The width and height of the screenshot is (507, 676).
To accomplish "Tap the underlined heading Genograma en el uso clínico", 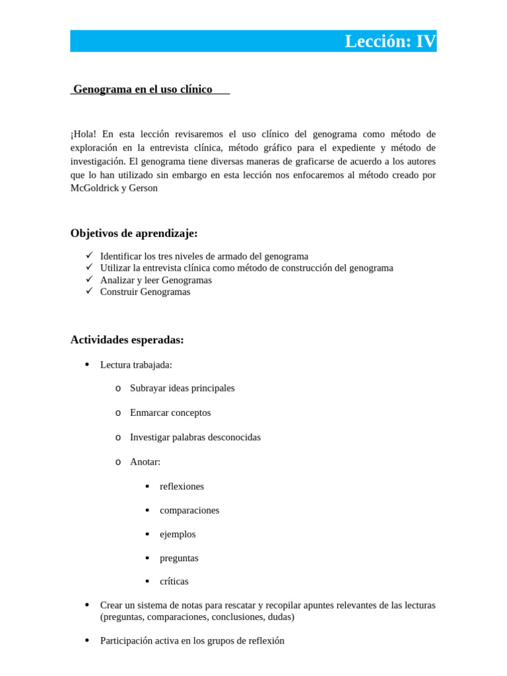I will click(x=143, y=89).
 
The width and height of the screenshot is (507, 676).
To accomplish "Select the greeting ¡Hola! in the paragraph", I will click(x=83, y=134).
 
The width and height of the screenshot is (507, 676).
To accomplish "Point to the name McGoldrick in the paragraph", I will click(x=95, y=187).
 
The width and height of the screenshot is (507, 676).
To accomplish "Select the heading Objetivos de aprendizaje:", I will click(x=134, y=233).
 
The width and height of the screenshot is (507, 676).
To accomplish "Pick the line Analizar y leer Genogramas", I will click(x=156, y=280).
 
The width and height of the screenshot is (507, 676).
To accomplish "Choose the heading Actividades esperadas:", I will click(x=127, y=340).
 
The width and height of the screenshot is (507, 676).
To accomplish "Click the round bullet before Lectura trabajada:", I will click(x=88, y=364).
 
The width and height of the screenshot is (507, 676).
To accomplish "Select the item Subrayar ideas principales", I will click(x=182, y=388).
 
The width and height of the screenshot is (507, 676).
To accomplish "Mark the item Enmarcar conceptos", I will click(x=170, y=413).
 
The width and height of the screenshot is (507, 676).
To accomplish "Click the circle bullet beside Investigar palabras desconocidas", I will click(x=118, y=437).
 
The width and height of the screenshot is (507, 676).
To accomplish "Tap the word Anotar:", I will click(x=145, y=461).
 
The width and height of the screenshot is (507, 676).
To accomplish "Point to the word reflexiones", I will click(x=182, y=486).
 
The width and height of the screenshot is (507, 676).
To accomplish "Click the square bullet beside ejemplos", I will click(x=147, y=534).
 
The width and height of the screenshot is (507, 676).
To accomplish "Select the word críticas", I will click(x=174, y=582).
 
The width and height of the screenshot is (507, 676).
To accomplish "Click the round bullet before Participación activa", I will click(x=88, y=640).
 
